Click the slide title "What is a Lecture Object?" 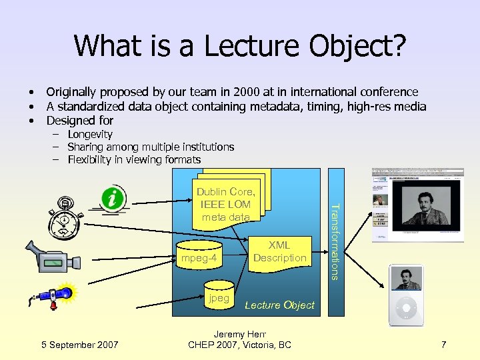240,46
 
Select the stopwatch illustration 65,215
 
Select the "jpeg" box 219,298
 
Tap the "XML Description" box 280,252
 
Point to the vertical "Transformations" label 337,241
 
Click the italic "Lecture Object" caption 279,305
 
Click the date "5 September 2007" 79,345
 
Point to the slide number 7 443,345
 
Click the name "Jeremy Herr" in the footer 239,334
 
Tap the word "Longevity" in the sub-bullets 90,134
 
